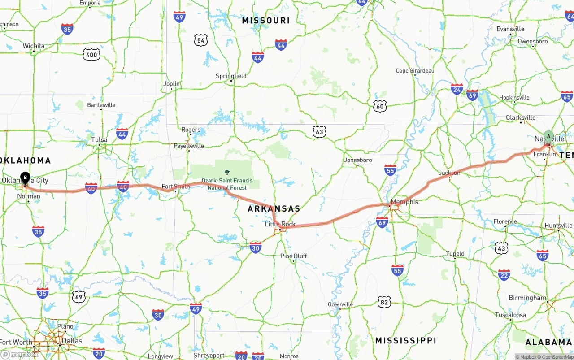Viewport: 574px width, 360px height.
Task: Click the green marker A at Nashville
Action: [548, 136]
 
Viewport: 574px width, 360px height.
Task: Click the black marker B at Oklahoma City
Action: [26, 178]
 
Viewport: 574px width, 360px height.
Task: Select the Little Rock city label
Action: [280, 224]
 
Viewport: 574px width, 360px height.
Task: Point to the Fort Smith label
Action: [176, 187]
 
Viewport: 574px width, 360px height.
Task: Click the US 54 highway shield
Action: [201, 40]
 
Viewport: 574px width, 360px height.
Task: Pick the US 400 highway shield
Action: [91, 55]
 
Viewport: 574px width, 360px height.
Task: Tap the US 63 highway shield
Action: [319, 131]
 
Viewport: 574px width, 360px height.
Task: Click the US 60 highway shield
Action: [380, 106]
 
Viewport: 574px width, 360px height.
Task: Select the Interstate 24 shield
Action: [457, 89]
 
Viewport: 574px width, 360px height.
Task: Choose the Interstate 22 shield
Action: [504, 274]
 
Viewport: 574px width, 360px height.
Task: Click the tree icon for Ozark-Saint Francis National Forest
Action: [227, 173]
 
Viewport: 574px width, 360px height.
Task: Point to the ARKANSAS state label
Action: [274, 208]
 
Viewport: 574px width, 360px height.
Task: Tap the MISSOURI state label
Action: [265, 20]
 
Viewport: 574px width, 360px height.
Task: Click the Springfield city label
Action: [231, 76]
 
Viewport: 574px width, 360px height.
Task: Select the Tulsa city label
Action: [99, 139]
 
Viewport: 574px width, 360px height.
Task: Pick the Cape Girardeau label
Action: [415, 71]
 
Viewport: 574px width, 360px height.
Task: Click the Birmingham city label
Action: [527, 298]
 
